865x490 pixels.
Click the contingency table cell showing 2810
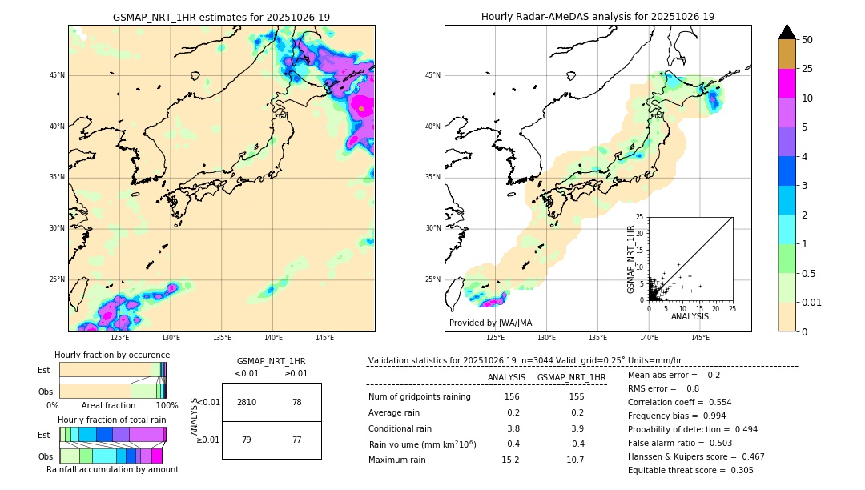[x=247, y=402]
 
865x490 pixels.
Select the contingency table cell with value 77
[x=296, y=440]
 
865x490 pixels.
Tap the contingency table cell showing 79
[x=247, y=440]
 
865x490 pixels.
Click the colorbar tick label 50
[x=807, y=40]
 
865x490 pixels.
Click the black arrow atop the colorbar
[x=787, y=31]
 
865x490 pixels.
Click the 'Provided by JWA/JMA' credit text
[x=490, y=323]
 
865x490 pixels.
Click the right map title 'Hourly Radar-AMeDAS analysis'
[x=597, y=17]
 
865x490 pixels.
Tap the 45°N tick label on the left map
[x=57, y=75]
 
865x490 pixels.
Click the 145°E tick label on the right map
[x=700, y=338]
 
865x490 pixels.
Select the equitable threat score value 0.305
[x=738, y=470]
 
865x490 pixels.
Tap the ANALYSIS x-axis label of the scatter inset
[x=690, y=316]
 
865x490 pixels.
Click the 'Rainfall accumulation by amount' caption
[x=112, y=470]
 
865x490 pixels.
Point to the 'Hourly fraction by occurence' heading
[x=112, y=355]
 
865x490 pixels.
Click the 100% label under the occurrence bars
[x=167, y=406]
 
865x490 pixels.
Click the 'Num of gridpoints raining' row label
[x=420, y=397]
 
